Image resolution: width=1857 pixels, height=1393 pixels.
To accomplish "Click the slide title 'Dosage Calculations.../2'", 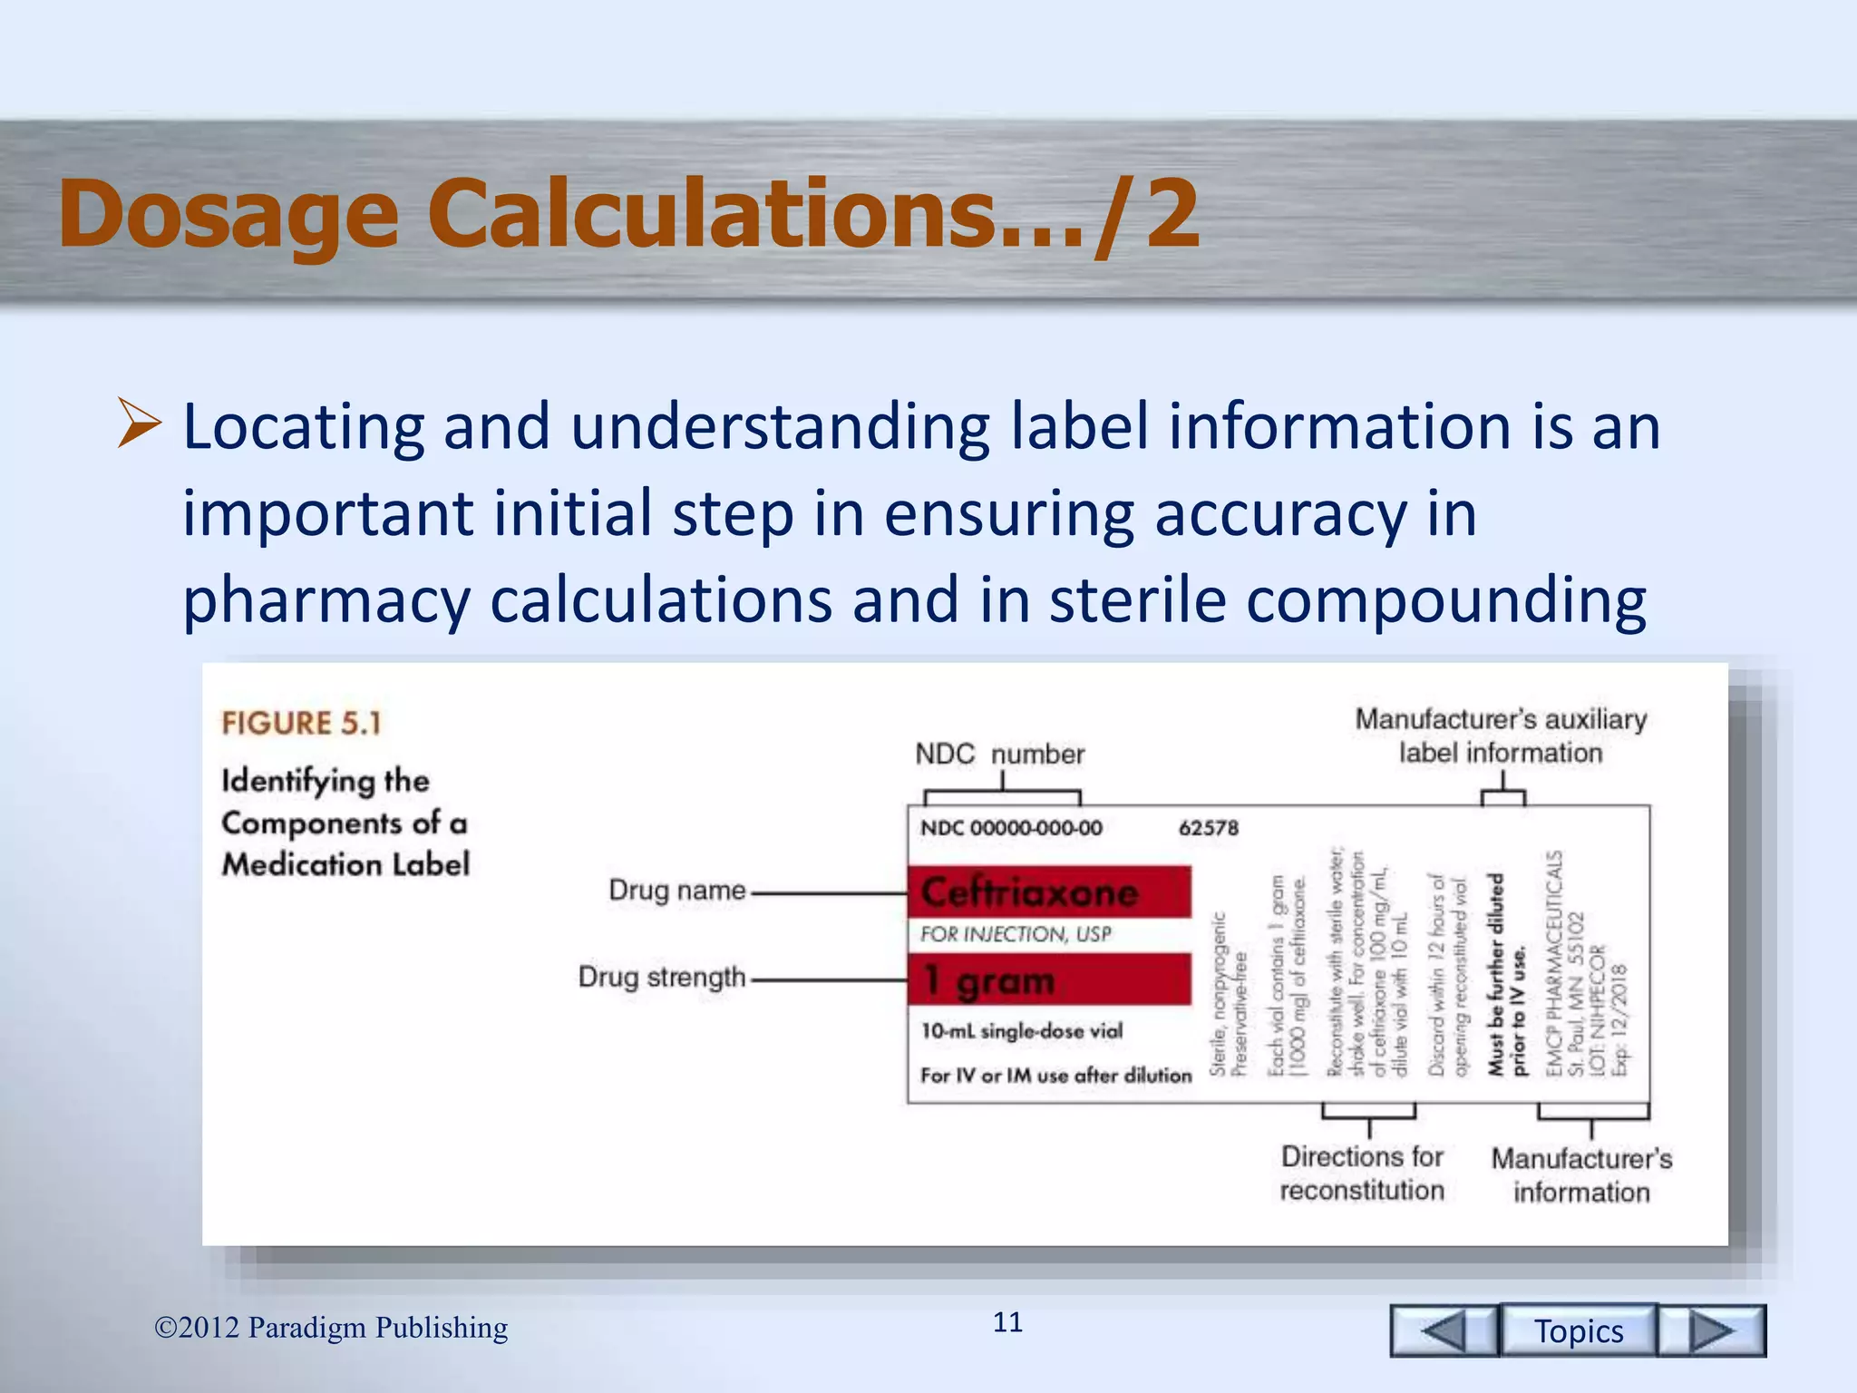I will [x=628, y=214].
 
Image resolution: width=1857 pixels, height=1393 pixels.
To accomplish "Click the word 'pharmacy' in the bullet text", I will [x=326, y=601].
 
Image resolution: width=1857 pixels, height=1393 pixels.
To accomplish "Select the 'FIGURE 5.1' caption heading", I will [x=301, y=723].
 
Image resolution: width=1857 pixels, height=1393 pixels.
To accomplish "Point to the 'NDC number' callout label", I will [x=999, y=754].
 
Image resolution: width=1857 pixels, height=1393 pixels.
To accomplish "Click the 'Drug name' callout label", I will [x=676, y=891].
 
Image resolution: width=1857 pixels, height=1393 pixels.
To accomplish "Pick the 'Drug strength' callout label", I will [x=661, y=978].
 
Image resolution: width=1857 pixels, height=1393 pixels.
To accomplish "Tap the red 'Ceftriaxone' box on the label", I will [x=1049, y=892].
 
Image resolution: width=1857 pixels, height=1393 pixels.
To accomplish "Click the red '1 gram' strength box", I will [x=1049, y=979].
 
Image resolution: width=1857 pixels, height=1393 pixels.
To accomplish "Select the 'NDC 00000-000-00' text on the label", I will [x=1011, y=828].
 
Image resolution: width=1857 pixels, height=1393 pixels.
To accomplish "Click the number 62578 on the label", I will [x=1208, y=828].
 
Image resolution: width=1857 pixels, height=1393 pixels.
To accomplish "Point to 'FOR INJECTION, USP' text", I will [x=1016, y=934].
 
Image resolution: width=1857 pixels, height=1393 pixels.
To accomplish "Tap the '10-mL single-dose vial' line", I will [x=1022, y=1031].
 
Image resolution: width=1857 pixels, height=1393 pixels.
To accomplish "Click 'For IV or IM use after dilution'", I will [x=1055, y=1076].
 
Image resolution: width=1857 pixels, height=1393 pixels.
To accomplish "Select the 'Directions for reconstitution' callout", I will [x=1362, y=1174].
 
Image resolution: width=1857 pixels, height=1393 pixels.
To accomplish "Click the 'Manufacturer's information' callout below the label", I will [x=1581, y=1175].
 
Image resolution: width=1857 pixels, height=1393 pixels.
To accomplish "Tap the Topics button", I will [x=1579, y=1330].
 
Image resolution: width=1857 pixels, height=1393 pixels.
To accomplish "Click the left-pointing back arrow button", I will [x=1444, y=1330].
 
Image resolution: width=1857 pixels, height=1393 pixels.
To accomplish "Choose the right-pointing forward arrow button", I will [x=1712, y=1330].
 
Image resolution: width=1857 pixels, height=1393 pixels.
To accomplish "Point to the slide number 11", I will [x=1007, y=1322].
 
